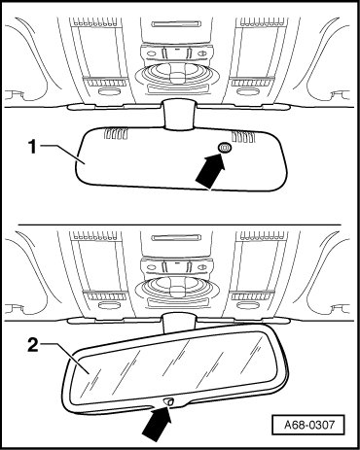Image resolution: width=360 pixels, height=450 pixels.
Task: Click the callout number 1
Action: tap(32, 148)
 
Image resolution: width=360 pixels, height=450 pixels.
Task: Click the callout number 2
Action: tap(33, 345)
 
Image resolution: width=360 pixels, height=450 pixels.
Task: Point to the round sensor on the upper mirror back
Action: tap(225, 148)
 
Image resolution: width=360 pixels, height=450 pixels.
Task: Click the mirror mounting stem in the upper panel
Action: tap(180, 115)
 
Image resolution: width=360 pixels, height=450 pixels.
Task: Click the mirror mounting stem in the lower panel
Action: tap(178, 323)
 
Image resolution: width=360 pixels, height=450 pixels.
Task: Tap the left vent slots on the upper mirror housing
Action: tap(115, 134)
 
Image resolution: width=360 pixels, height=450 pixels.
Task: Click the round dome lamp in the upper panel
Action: tap(174, 76)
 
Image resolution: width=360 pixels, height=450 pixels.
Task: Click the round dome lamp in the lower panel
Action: tap(174, 290)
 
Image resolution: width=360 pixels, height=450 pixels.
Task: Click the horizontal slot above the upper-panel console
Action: tap(177, 23)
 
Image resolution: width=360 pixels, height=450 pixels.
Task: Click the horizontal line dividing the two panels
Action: tap(180, 225)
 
